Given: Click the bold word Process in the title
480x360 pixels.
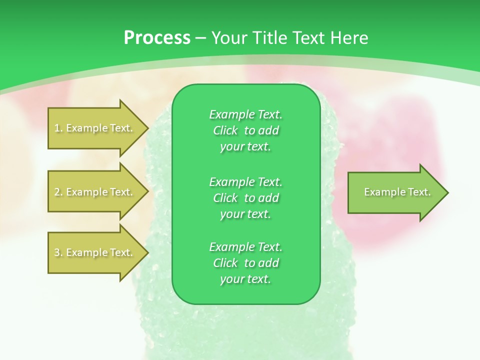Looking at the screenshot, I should tap(157, 38).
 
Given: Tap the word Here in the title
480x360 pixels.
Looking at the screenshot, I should tap(348, 38).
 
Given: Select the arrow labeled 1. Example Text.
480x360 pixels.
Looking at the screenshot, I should tap(94, 128).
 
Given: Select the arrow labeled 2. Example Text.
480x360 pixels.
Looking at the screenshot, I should tap(94, 192).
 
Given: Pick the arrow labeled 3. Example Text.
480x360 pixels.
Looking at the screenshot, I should tap(94, 252).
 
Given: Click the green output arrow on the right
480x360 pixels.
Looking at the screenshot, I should tap(395, 192).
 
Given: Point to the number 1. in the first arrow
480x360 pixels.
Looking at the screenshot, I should tap(58, 128).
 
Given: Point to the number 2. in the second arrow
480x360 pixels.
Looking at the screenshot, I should tap(58, 192).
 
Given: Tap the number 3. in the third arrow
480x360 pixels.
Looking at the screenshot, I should tap(58, 252).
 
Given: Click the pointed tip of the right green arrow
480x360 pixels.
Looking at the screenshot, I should tap(446, 192).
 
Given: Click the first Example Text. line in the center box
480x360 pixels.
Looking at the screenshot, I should tap(245, 114).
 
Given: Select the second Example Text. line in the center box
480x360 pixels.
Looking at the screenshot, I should tap(245, 181).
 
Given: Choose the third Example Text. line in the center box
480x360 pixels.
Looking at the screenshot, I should tap(245, 247).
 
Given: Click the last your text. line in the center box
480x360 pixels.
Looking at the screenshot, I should tap(245, 279).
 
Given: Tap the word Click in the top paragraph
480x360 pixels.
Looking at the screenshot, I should tap(225, 130).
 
